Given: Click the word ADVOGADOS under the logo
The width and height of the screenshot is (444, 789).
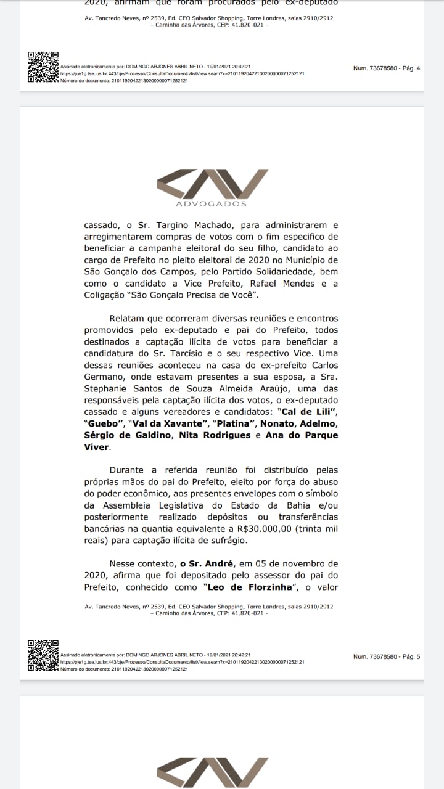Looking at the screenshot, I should click(212, 204).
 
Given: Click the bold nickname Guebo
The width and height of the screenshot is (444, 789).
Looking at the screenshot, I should click(101, 424).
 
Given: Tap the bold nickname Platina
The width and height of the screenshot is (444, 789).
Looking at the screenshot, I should click(233, 424).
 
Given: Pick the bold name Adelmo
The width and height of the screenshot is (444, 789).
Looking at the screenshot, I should click(319, 424).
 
